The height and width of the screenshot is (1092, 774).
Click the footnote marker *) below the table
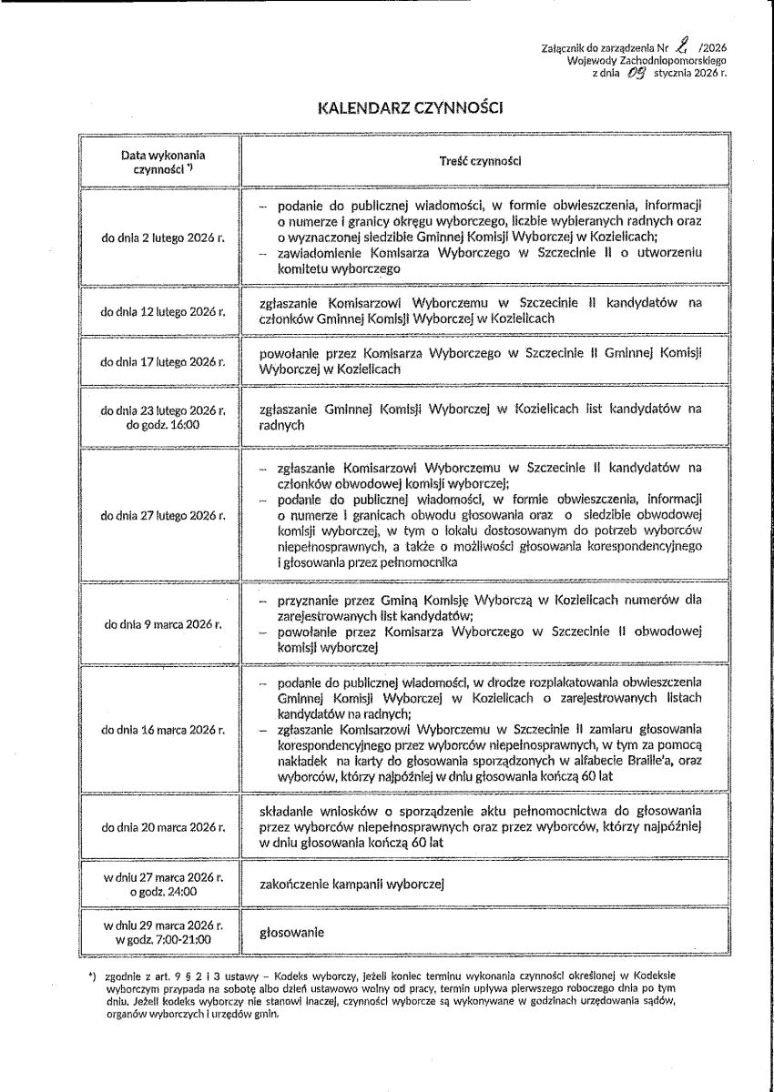click(x=92, y=976)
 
